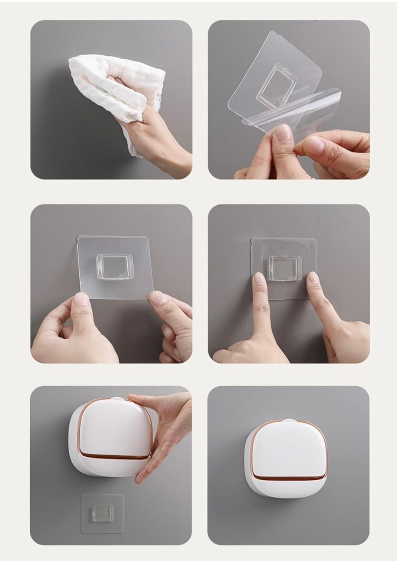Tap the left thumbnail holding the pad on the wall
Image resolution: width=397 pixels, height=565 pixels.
81,299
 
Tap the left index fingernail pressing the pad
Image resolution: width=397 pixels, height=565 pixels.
259,280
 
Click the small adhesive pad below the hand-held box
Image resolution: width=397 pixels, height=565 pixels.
103,514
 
